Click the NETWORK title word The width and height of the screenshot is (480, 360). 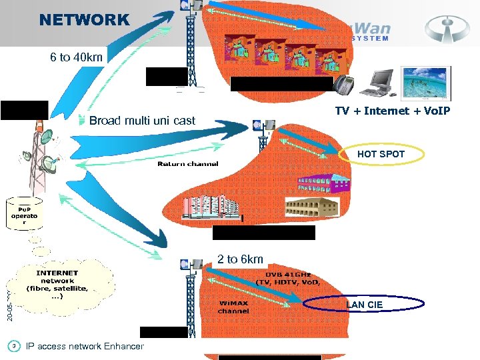(x=84, y=20)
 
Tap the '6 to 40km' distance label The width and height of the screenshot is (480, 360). (x=76, y=57)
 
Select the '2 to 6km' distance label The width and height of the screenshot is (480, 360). (x=240, y=259)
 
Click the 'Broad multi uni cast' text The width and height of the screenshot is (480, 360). (x=142, y=121)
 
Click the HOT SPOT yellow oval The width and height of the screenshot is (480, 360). (x=381, y=154)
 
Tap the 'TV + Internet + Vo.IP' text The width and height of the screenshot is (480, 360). (x=392, y=110)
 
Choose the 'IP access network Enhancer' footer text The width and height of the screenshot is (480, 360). (x=84, y=346)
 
